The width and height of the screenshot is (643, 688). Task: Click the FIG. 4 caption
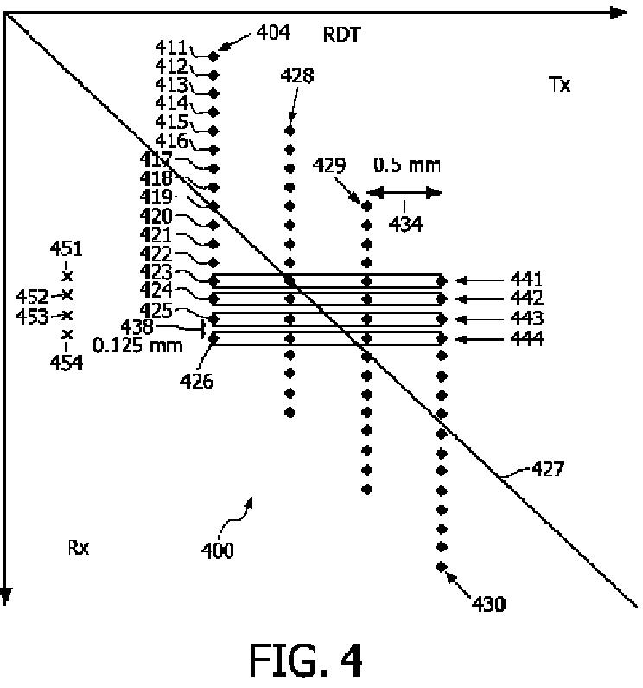[307, 659]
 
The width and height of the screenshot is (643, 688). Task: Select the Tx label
[560, 86]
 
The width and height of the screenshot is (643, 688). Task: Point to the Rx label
[79, 547]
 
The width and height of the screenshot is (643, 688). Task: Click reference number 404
[273, 33]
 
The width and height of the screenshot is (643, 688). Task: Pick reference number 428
[296, 76]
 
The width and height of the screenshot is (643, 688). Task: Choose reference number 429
[337, 164]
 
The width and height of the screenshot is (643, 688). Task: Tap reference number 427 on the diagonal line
[546, 469]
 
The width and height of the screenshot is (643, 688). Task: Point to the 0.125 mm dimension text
[138, 345]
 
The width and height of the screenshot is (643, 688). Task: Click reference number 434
[404, 224]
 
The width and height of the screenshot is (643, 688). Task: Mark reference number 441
[526, 280]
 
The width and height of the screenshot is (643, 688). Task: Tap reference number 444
[526, 339]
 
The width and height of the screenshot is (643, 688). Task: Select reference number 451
[66, 250]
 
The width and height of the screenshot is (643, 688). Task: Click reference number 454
[66, 363]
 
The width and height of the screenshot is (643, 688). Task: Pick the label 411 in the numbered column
[171, 47]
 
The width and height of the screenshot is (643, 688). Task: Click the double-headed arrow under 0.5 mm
[404, 193]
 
